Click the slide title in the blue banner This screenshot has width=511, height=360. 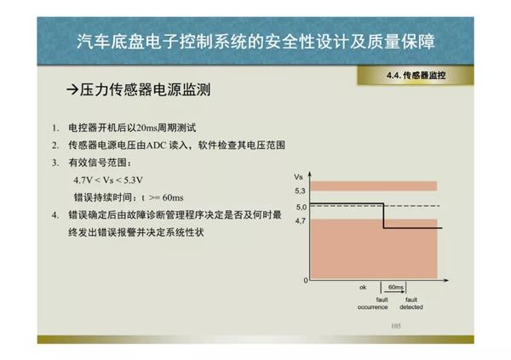[x=255, y=42]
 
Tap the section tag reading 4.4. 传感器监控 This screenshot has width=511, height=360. [x=416, y=76]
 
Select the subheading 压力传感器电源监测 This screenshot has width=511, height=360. [x=146, y=89]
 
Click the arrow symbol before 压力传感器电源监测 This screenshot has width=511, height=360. [x=72, y=89]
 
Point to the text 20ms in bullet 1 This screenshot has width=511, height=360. [x=146, y=128]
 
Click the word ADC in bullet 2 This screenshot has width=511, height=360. [x=157, y=145]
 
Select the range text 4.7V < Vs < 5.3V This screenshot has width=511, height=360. [x=108, y=180]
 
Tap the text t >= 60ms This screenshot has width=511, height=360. [x=163, y=197]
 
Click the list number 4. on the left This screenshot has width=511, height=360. [x=55, y=215]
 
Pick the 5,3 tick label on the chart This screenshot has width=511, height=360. [x=300, y=191]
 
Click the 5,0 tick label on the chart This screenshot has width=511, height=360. [x=301, y=207]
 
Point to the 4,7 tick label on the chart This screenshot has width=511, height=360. [x=300, y=221]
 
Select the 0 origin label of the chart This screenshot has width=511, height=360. [x=306, y=280]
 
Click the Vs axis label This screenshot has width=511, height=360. [x=299, y=177]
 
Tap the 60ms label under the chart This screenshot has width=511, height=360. [x=396, y=287]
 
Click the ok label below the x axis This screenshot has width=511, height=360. [x=363, y=287]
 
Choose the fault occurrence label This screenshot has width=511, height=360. [x=373, y=303]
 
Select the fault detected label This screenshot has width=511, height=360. [x=411, y=303]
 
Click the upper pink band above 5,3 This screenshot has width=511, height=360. [x=374, y=186]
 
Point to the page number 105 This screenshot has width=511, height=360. [x=396, y=326]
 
